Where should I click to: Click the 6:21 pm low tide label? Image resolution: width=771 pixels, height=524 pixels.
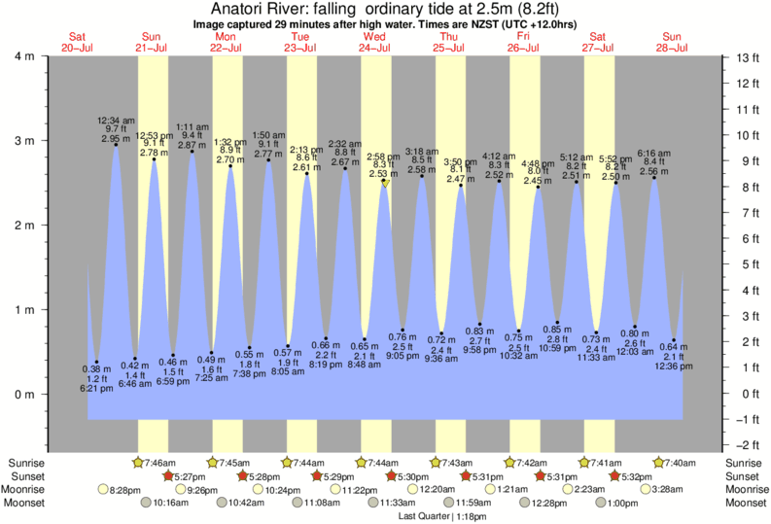click(x=96, y=388)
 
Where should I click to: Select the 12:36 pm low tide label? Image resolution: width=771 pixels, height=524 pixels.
click(x=674, y=367)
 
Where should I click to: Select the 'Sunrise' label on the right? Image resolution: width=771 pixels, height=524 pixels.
click(x=747, y=462)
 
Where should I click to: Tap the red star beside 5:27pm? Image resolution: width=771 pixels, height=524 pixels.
click(x=168, y=476)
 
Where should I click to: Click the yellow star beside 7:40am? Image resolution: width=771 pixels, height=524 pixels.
click(x=660, y=462)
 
